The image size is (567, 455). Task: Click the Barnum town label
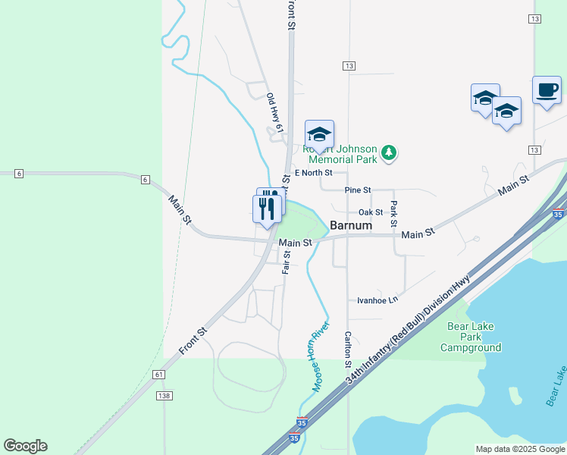tap(351, 225)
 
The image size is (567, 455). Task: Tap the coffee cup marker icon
tap(547, 90)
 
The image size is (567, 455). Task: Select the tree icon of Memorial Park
tap(389, 153)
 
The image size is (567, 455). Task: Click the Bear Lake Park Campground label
tap(471, 337)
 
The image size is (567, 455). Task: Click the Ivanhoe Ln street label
tap(377, 300)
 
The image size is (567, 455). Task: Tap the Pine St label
tap(357, 190)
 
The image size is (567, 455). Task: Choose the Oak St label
tap(371, 212)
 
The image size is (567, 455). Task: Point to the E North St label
tap(314, 173)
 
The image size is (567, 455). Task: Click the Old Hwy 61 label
tap(274, 113)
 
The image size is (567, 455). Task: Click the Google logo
tap(25, 446)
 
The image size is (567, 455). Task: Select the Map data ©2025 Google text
tap(519, 449)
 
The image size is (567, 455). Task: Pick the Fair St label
tap(287, 262)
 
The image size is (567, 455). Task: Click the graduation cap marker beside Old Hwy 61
tap(320, 134)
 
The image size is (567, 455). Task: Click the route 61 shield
tap(158, 375)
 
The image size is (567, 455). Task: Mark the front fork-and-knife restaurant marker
tap(267, 209)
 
